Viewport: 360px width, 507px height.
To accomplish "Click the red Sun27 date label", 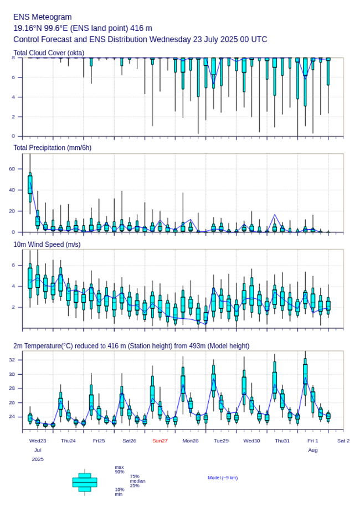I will click(160, 441).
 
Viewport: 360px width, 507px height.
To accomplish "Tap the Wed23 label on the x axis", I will click(38, 441).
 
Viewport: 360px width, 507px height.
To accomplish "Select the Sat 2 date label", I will click(343, 441).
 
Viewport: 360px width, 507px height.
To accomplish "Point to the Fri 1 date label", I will click(313, 441).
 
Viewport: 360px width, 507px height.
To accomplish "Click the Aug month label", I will click(313, 450).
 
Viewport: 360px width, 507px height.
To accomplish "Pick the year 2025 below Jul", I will click(38, 459).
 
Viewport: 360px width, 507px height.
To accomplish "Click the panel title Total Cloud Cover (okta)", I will click(48, 53).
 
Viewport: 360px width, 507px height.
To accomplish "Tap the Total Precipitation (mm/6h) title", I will click(52, 147).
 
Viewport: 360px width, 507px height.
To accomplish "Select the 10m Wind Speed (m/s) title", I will click(47, 244).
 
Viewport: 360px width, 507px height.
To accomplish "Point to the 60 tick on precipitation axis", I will click(12, 169).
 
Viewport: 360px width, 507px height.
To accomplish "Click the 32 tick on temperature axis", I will click(12, 360).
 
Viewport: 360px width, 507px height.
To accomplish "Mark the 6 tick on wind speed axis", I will click(13, 265).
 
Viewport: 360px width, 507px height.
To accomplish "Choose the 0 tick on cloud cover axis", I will click(13, 136).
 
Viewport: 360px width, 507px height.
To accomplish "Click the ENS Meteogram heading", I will click(42, 17).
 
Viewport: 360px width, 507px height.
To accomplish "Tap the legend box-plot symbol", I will click(85, 482).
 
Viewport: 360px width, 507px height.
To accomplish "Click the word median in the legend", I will click(137, 481).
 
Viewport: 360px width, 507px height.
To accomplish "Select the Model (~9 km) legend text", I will click(223, 478).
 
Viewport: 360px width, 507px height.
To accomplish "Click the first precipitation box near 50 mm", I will click(30, 184).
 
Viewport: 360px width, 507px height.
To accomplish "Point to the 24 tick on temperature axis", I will click(12, 417).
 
